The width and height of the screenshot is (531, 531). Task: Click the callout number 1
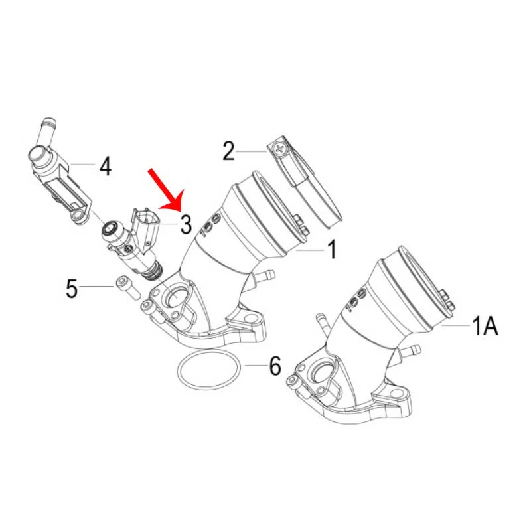point(333,250)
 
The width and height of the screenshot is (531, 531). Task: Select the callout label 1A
point(485,325)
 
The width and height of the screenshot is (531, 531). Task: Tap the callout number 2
point(228,151)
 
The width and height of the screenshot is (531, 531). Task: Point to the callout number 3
point(186,224)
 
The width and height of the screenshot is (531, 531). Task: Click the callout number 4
point(106,166)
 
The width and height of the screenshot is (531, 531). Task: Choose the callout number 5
point(72,289)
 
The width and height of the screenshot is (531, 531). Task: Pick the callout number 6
point(275,366)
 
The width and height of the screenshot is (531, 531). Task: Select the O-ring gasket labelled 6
point(208,370)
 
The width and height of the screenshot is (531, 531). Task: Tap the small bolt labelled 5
point(128,288)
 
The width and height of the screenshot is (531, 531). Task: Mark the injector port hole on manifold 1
point(177,295)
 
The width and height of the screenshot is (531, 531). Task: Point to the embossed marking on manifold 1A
point(356,300)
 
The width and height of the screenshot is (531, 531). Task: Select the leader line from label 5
point(96,287)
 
